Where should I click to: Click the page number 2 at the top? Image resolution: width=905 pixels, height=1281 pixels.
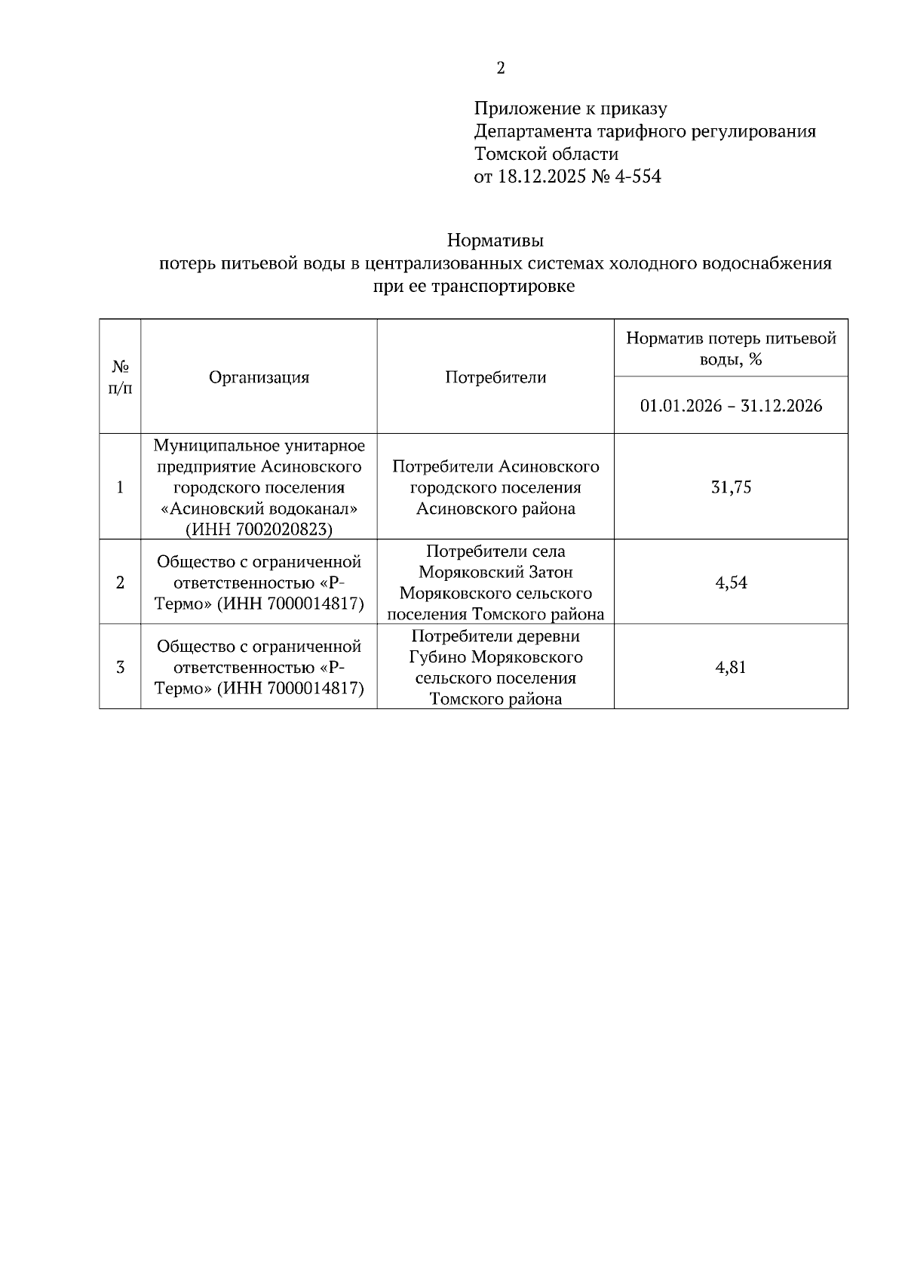click(501, 69)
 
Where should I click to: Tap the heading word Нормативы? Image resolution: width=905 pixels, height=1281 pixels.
click(495, 241)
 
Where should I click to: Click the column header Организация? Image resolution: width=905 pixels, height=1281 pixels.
click(259, 377)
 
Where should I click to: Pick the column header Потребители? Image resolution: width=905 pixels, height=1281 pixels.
click(495, 377)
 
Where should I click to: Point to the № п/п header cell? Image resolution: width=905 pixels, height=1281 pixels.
click(120, 377)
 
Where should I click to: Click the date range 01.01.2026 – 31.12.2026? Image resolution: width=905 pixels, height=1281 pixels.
click(731, 406)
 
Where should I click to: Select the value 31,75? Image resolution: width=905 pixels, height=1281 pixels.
click(731, 487)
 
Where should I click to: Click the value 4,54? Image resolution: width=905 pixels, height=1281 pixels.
click(731, 582)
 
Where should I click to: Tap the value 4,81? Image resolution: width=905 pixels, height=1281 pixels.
click(731, 667)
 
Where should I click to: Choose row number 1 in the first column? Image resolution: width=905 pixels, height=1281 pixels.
click(120, 487)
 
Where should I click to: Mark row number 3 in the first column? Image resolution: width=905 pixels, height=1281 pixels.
click(120, 667)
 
